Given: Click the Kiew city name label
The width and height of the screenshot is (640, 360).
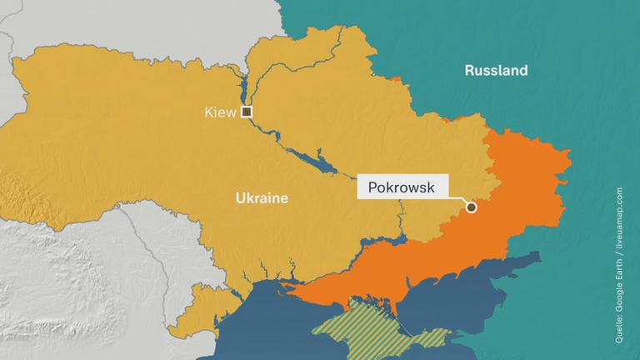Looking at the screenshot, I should coord(220,112).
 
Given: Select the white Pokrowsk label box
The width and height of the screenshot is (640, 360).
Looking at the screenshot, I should coord(402,187).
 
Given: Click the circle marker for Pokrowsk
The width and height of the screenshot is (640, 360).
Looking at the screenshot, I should coord(471,207).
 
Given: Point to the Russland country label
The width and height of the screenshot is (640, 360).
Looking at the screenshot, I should coord(496,71).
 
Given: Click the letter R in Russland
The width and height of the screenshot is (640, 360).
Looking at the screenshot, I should coord(468,71).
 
